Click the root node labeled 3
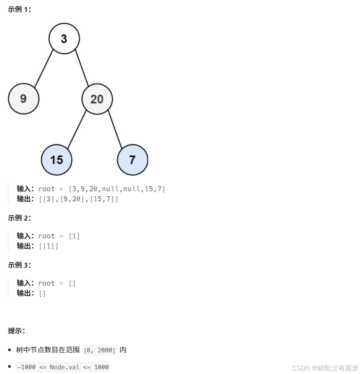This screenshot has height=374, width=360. [x=64, y=39]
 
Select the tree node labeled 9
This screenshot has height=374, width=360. [x=24, y=99]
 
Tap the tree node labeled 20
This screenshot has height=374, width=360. [x=97, y=99]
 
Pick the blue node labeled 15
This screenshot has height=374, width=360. [x=56, y=160]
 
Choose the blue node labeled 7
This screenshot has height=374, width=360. [x=132, y=160]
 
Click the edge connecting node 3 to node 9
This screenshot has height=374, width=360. [x=44, y=68]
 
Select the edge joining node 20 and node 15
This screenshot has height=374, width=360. [x=77, y=129]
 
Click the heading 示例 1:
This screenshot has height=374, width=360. [x=19, y=10]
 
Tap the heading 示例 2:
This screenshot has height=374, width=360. [x=19, y=218]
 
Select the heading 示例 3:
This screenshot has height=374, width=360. [x=19, y=265]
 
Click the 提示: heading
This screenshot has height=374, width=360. [x=17, y=331]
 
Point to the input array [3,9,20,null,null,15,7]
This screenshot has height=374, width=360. [x=117, y=189]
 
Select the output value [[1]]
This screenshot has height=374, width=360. [x=49, y=246]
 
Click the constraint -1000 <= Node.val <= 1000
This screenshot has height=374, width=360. [x=63, y=367]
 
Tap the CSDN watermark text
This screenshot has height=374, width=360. [x=325, y=367]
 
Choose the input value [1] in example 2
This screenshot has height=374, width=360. [x=74, y=236]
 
